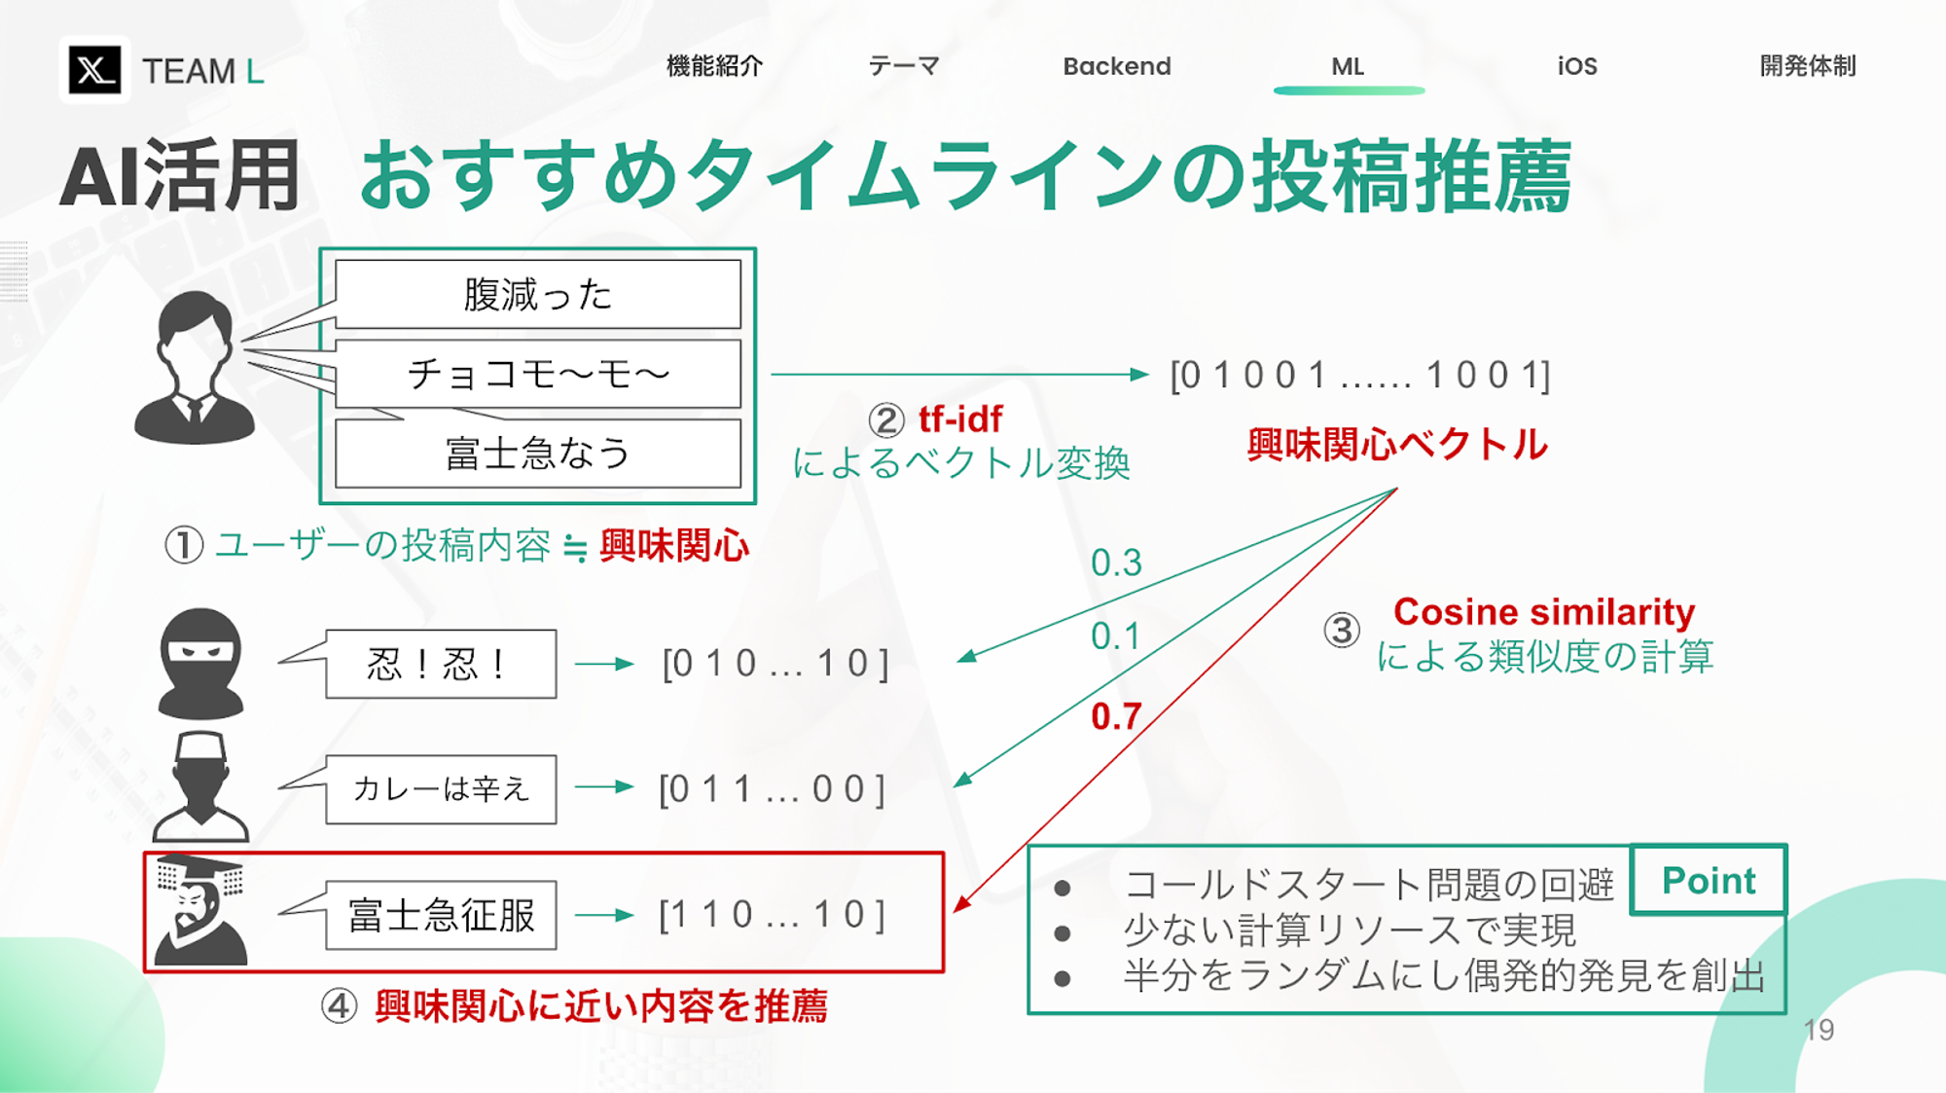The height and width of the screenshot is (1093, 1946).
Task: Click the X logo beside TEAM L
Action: (94, 70)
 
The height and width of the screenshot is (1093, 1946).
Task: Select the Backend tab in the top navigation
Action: (1117, 66)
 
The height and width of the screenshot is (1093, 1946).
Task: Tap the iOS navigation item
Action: (1577, 66)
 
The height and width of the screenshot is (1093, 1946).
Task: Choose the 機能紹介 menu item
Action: (714, 66)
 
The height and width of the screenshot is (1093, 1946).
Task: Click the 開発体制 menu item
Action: (1808, 66)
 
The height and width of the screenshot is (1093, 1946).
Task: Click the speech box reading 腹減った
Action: (537, 294)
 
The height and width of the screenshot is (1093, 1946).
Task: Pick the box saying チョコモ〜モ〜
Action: (537, 374)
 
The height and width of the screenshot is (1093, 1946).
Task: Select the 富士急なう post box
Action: (537, 454)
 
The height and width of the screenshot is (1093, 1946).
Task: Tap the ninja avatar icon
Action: (200, 664)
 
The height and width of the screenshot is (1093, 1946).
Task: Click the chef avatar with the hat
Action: (200, 786)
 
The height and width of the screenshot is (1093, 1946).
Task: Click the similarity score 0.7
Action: (1116, 717)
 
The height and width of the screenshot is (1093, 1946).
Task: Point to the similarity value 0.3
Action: (1116, 563)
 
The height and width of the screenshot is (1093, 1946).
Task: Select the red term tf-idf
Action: (960, 419)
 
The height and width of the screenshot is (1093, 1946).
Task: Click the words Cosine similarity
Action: (1544, 612)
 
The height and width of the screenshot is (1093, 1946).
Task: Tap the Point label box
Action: (1709, 881)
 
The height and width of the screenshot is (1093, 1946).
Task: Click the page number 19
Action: (1819, 1030)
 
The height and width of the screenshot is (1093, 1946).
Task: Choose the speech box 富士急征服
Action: (441, 915)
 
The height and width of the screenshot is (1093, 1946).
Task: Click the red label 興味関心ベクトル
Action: (1397, 445)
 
